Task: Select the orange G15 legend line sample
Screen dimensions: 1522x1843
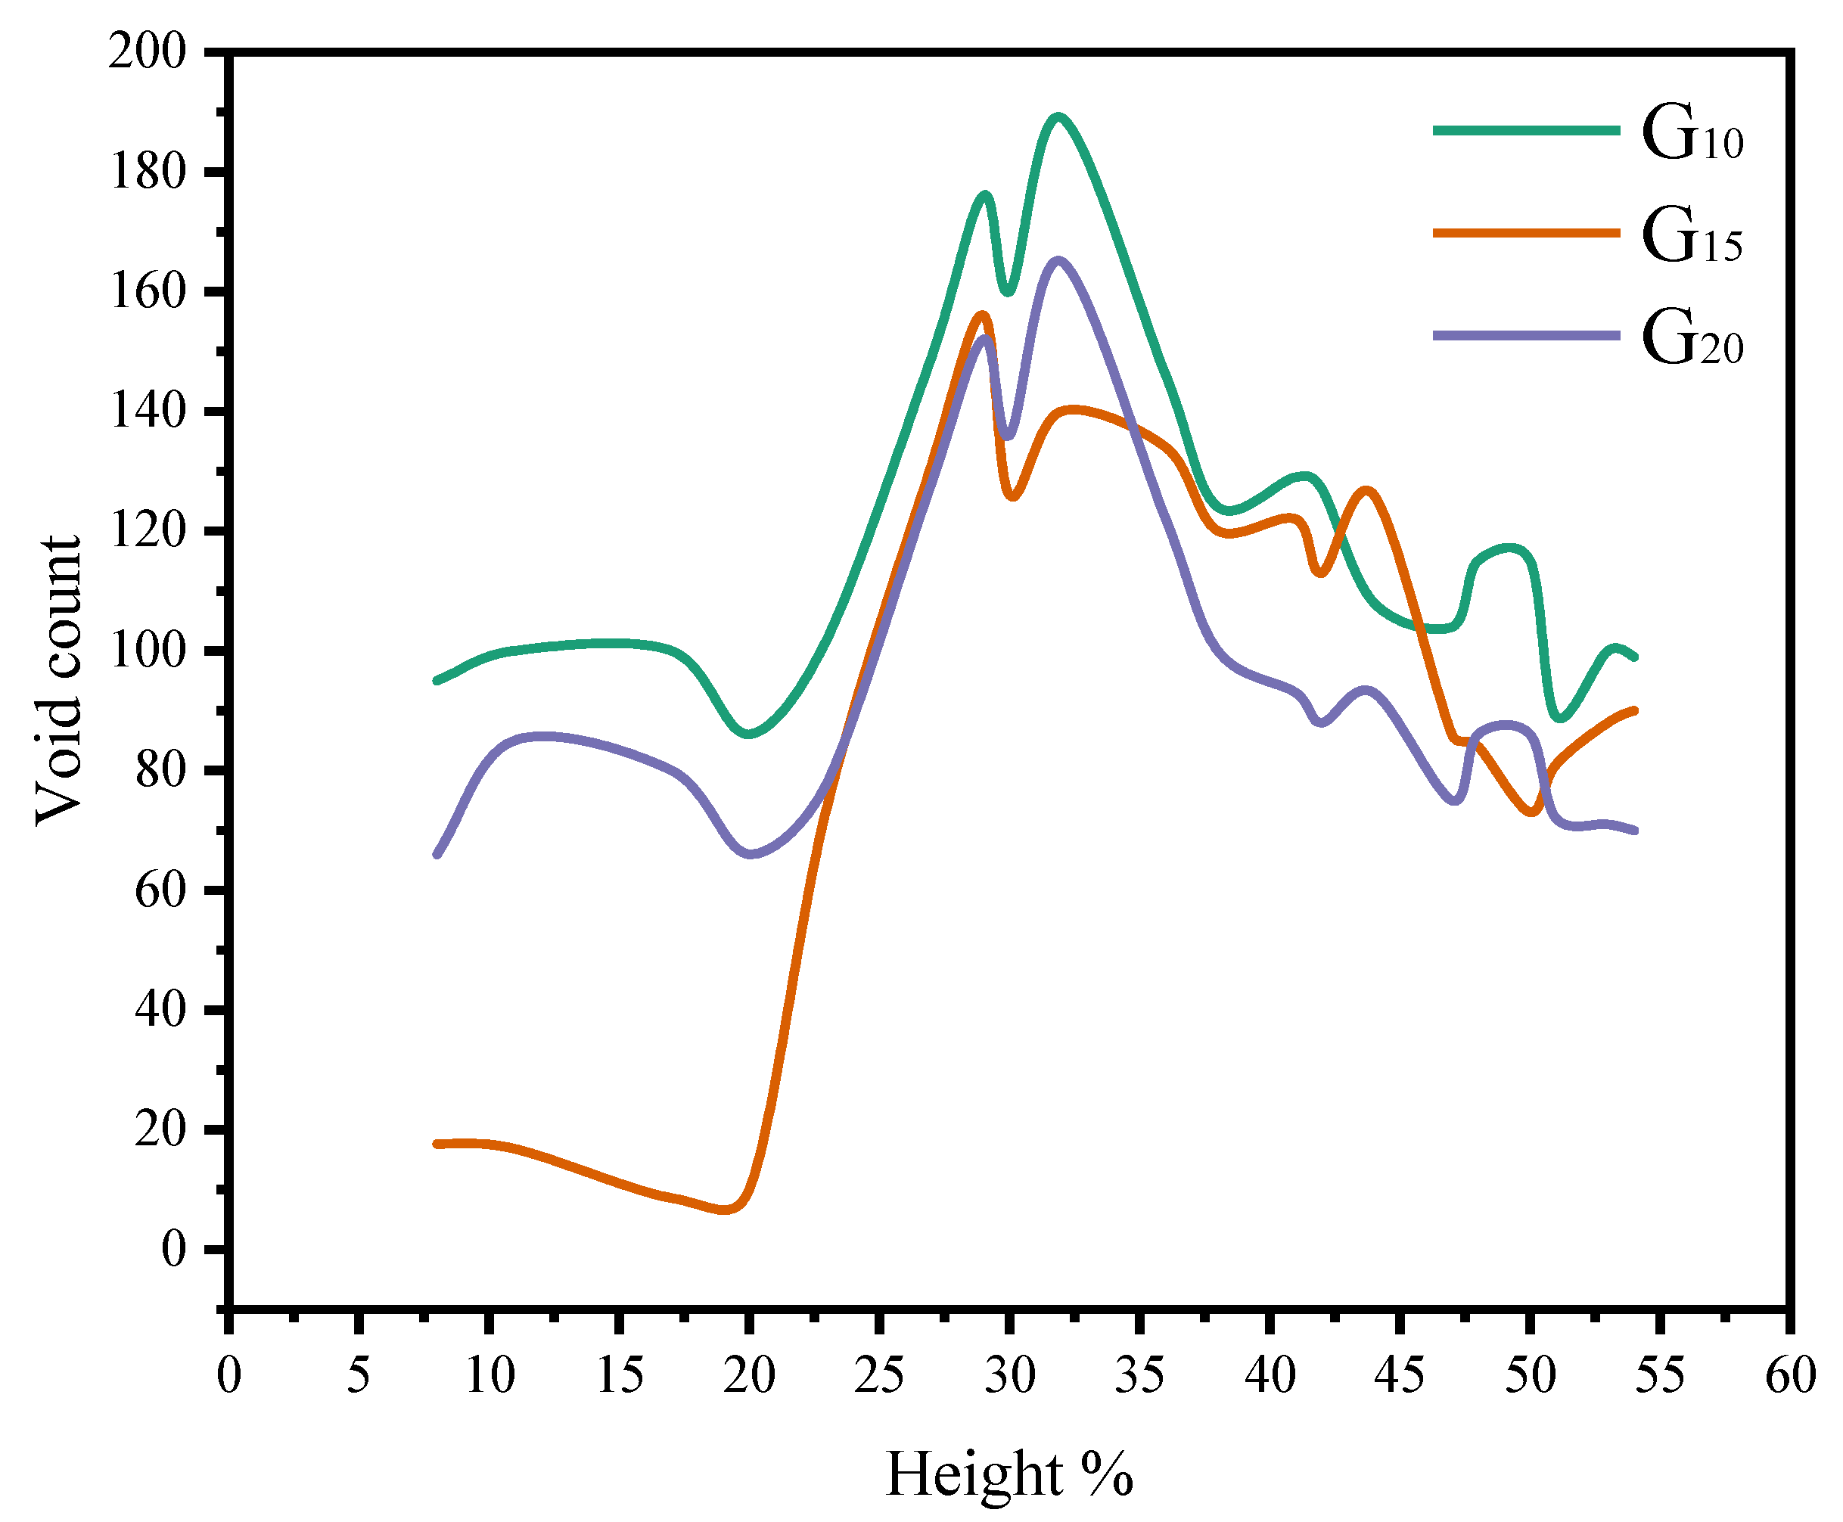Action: tap(1525, 232)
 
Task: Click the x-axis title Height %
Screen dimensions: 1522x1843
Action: tap(1009, 1473)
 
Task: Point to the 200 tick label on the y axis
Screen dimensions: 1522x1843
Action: tap(148, 53)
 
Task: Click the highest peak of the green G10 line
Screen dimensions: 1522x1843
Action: tap(1058, 116)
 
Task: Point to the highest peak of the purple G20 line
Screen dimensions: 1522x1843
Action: tap(1058, 260)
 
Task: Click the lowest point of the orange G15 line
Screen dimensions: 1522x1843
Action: tap(724, 1209)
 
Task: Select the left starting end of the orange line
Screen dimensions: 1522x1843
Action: tap(437, 1144)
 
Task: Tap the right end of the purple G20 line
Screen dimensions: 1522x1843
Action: tap(1634, 831)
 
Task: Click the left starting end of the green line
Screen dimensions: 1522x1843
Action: tap(437, 680)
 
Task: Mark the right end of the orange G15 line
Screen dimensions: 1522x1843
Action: tap(1634, 710)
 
